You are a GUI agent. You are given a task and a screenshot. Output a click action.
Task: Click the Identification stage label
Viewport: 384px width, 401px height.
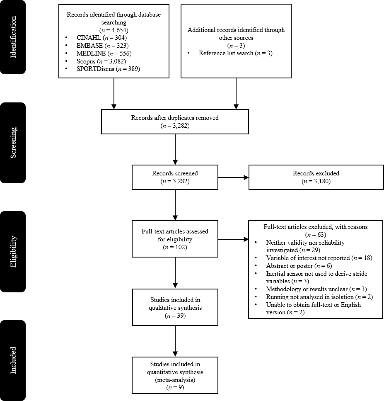pos(13,37)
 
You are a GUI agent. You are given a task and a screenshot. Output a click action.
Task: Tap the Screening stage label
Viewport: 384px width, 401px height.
pos(13,142)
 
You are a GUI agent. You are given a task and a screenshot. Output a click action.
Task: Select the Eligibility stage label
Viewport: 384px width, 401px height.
pos(13,251)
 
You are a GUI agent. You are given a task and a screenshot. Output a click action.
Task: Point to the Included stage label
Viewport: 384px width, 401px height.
pos(13,360)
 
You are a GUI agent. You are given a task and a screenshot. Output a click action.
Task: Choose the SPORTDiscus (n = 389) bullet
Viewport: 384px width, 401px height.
pos(108,69)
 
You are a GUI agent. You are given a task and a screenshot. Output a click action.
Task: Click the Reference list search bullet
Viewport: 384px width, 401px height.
pos(235,53)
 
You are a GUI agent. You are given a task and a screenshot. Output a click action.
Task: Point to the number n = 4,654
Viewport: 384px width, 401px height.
pos(114,30)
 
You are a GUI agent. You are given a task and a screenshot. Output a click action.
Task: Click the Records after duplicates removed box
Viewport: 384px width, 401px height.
pos(175,122)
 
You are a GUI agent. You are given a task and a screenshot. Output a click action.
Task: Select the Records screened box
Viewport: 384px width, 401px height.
pos(175,177)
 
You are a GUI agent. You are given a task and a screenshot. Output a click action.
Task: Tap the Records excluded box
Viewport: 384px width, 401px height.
pos(316,177)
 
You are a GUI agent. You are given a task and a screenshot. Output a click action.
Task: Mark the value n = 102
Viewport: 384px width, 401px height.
pos(175,248)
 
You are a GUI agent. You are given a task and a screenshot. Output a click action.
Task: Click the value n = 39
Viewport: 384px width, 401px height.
pos(175,316)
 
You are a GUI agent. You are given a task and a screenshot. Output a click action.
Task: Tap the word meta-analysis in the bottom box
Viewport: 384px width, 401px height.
pos(175,380)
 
